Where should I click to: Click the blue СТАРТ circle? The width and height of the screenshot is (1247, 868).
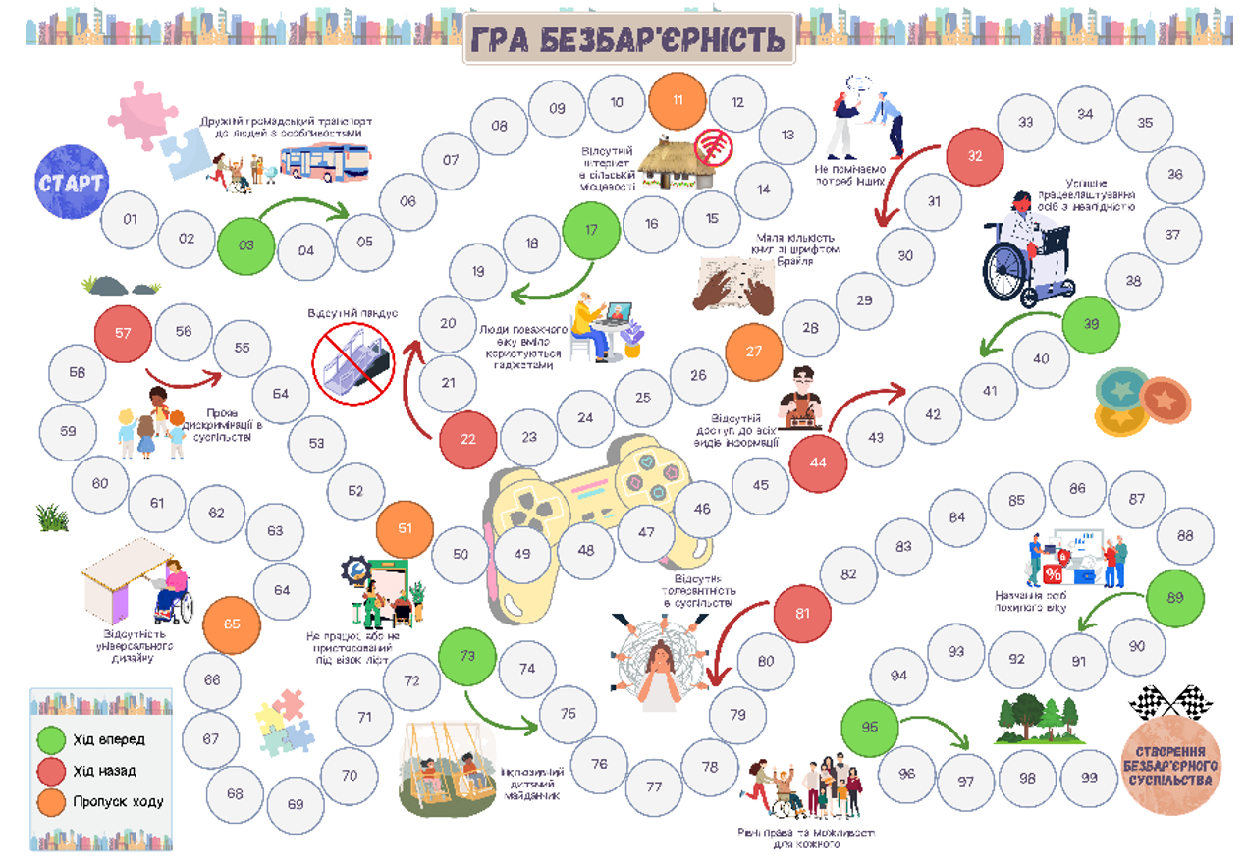pyautogui.click(x=72, y=182)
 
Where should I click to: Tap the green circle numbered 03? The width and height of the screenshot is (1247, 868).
pyautogui.click(x=245, y=244)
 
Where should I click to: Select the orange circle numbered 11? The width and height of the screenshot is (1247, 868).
pyautogui.click(x=678, y=100)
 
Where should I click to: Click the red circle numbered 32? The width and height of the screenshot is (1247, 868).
pyautogui.click(x=974, y=156)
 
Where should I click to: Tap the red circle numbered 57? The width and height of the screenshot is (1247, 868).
pyautogui.click(x=123, y=333)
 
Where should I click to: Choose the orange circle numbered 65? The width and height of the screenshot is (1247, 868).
pyautogui.click(x=232, y=624)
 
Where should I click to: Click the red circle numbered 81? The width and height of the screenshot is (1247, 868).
pyautogui.click(x=803, y=614)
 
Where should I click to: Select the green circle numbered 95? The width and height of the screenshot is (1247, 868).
pyautogui.click(x=870, y=728)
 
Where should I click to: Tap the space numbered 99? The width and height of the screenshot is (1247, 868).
pyautogui.click(x=1088, y=778)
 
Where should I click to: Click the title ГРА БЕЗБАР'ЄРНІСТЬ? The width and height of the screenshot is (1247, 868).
pyautogui.click(x=628, y=39)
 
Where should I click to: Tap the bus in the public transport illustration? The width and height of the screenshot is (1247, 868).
pyautogui.click(x=325, y=161)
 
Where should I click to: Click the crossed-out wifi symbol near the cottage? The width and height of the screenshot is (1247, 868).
pyautogui.click(x=714, y=148)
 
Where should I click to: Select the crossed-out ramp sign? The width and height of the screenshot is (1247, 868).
pyautogui.click(x=352, y=358)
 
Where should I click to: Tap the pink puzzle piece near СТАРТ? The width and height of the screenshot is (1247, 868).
pyautogui.click(x=143, y=116)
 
